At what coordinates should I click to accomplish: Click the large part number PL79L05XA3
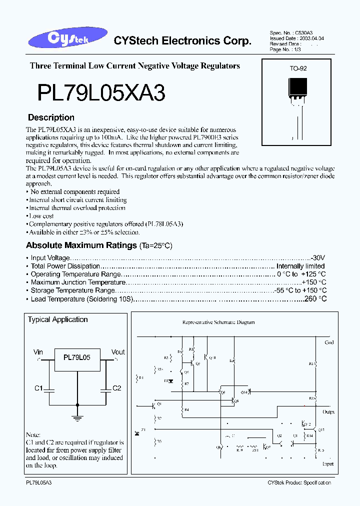[101, 93]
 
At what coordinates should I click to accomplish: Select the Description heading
[51, 118]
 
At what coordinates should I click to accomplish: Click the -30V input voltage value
[317, 258]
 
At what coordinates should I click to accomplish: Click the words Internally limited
[300, 266]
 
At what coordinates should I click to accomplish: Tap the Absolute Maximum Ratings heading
[81, 245]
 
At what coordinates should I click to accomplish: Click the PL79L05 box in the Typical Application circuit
[77, 358]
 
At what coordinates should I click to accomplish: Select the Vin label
[38, 352]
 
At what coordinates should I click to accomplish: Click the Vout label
[118, 352]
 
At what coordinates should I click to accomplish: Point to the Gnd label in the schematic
[329, 342]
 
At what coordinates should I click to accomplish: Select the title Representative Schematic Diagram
[218, 322]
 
